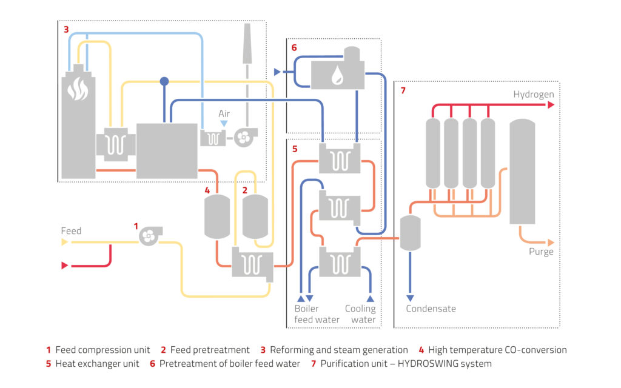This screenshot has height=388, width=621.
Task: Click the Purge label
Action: click(x=540, y=252)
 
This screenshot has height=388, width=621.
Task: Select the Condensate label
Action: click(x=431, y=309)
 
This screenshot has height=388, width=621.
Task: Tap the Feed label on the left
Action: click(x=71, y=231)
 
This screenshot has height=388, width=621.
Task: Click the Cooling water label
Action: click(x=360, y=314)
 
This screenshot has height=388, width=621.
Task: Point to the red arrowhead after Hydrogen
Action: click(x=551, y=105)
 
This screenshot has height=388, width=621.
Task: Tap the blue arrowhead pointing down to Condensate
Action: click(x=411, y=298)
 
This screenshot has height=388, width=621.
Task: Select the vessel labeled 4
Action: click(x=215, y=217)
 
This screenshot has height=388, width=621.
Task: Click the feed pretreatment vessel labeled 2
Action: click(x=255, y=217)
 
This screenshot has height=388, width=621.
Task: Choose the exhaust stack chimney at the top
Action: click(x=247, y=45)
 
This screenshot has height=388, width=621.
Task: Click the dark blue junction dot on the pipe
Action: click(x=164, y=81)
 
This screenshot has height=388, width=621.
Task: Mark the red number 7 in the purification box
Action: click(x=402, y=91)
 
